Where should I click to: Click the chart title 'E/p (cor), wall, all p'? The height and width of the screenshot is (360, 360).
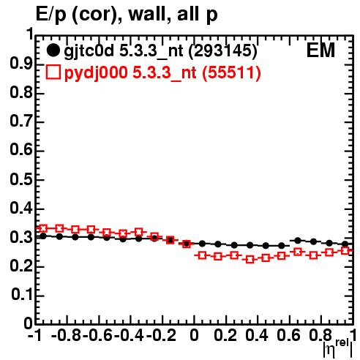coord(127,15)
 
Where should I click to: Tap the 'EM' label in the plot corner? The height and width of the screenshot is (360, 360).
coord(320,50)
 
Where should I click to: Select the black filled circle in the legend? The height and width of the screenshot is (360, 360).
coord(53,50)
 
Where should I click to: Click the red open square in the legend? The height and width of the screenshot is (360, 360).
coord(53,72)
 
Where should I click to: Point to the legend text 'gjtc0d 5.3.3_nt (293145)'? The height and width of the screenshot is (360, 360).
coord(160,51)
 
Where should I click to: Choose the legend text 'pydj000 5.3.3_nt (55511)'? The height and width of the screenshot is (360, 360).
coord(162,73)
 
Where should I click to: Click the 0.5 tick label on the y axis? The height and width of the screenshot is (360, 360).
coord(21,180)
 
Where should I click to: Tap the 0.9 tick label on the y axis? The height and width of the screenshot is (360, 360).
coord(21,64)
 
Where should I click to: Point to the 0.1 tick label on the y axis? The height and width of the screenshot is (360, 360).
coord(22,295)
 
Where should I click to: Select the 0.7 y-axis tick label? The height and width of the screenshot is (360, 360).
coord(21,122)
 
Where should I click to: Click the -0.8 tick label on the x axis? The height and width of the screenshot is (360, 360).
coord(67,335)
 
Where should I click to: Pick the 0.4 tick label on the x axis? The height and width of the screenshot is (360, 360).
coord(257,335)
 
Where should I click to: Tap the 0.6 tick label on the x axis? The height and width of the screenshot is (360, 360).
coord(288,335)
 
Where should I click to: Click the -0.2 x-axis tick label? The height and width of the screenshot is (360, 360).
coord(161,335)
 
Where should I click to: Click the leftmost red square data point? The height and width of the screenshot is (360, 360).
coord(43,228)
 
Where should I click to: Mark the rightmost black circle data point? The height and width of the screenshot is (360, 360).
coord(345,244)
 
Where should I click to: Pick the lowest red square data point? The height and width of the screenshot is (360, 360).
coord(250,260)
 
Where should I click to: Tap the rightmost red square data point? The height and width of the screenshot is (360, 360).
coord(345,250)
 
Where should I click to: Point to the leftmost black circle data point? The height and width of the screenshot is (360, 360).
coord(43,236)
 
